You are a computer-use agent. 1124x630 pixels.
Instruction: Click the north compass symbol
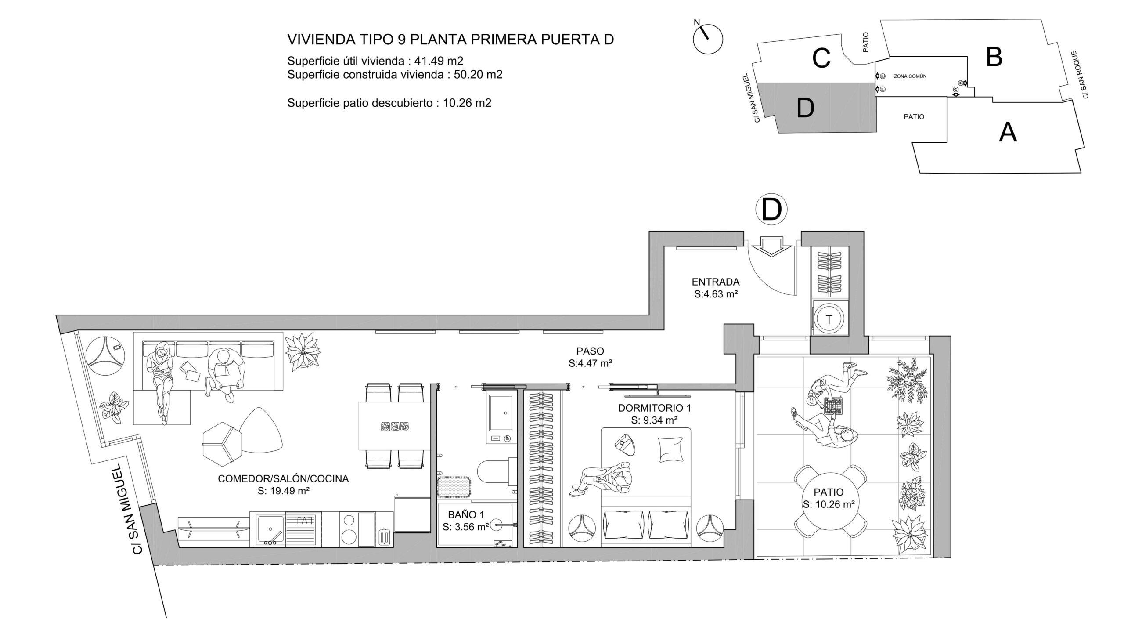708,39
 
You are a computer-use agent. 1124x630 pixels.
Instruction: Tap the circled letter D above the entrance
771,210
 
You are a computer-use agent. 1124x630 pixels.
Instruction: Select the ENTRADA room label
716,282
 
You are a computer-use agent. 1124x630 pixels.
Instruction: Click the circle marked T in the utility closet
829,319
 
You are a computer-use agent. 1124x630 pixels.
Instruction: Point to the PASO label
590,351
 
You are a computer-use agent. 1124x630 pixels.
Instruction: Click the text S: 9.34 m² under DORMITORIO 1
654,420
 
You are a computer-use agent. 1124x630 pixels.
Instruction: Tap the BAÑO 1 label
466,514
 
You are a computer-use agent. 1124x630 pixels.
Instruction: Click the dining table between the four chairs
394,426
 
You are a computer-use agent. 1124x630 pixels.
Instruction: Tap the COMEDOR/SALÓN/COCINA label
283,479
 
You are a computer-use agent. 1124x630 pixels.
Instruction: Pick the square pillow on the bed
671,449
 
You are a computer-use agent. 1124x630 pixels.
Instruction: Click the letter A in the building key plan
1007,132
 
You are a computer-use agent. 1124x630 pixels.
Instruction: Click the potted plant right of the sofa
303,350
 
